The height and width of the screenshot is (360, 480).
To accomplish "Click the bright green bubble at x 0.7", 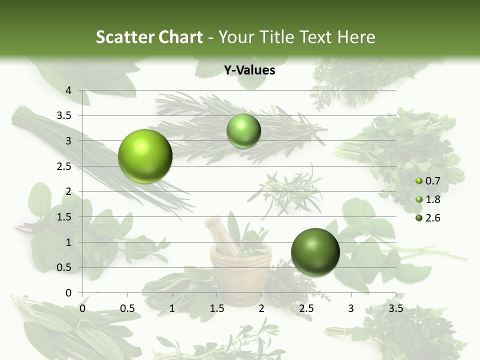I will pos(145,156).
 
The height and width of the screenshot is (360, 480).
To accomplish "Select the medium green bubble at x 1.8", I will pos(243,131).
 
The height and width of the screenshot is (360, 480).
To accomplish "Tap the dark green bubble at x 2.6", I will pos(315,252).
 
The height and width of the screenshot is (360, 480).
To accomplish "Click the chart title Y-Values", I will pos(249,70).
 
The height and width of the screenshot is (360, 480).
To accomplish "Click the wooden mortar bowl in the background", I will pos(240,270).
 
